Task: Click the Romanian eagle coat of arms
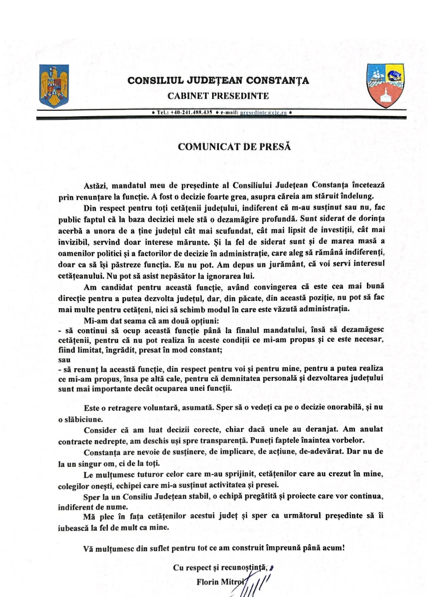click(x=54, y=86)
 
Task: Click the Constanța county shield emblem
click(x=385, y=85)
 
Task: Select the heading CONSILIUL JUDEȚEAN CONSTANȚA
click(x=218, y=81)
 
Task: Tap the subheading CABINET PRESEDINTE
click(x=218, y=96)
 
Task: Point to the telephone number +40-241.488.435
click(x=191, y=113)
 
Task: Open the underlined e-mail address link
click(x=263, y=113)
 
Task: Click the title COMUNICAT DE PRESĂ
click(x=234, y=147)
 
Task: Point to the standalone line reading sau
click(x=64, y=360)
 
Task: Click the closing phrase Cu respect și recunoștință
click(x=220, y=568)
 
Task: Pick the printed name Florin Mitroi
click(x=220, y=582)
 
